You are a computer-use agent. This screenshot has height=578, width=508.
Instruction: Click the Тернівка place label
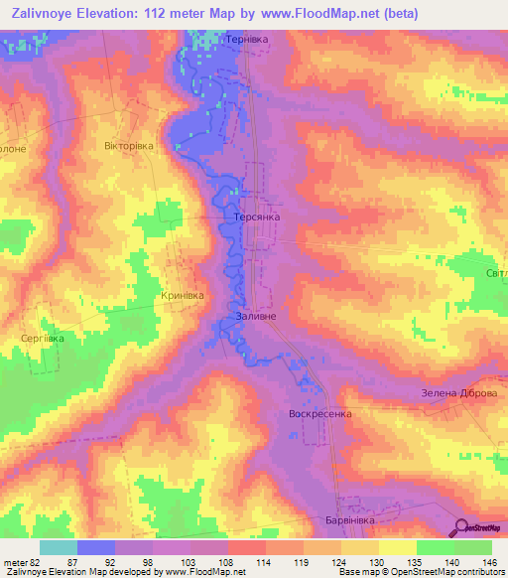pos(248,39)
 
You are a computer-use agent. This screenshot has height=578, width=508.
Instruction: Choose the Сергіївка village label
pos(43,338)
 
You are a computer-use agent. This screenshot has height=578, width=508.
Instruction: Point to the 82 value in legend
pos(40,561)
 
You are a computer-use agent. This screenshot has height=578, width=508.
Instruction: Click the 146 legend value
pos(489,561)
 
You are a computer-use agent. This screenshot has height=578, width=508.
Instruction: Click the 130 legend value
pos(378,561)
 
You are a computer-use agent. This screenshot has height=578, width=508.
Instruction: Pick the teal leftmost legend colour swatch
pos(59,547)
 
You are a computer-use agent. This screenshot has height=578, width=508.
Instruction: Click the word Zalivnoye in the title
pos(48,13)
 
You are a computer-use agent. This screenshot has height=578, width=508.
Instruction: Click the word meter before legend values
pos(15,561)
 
